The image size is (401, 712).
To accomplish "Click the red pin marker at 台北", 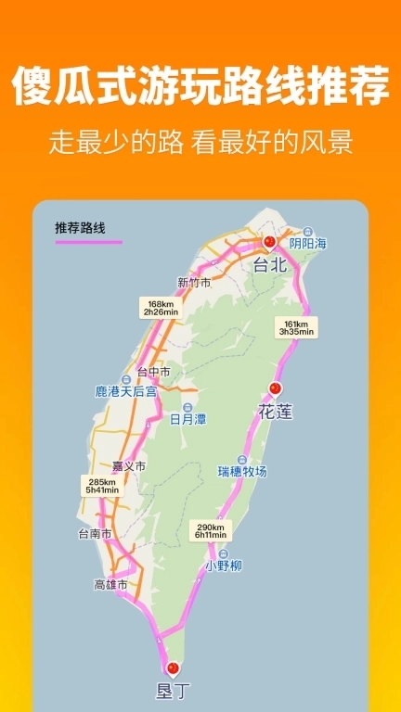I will tap(269, 242).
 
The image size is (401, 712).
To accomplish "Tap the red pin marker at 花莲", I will tap(274, 388).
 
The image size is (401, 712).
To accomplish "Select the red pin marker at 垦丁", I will tap(172, 667).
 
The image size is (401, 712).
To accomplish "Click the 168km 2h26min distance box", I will tap(161, 308).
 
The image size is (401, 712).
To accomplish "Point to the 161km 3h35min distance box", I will tap(293, 327).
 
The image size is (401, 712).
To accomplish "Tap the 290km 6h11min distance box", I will tap(210, 530).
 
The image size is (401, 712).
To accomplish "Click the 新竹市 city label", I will tap(194, 283).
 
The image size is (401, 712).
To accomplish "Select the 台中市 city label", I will tap(153, 372).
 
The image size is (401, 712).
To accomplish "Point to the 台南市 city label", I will tap(95, 534).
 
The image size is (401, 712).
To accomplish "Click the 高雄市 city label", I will tap(111, 584).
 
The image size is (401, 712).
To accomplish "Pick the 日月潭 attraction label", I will tap(188, 419).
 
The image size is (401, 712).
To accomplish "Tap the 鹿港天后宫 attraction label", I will tap(126, 392).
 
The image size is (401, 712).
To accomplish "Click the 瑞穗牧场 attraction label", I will tap(242, 471).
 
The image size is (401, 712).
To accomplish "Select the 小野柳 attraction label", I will tap(224, 565).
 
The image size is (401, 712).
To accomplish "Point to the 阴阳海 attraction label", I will tap(307, 243).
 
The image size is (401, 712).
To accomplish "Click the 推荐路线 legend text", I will tap(80, 228).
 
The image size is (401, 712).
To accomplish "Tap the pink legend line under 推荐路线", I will tap(88, 242).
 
